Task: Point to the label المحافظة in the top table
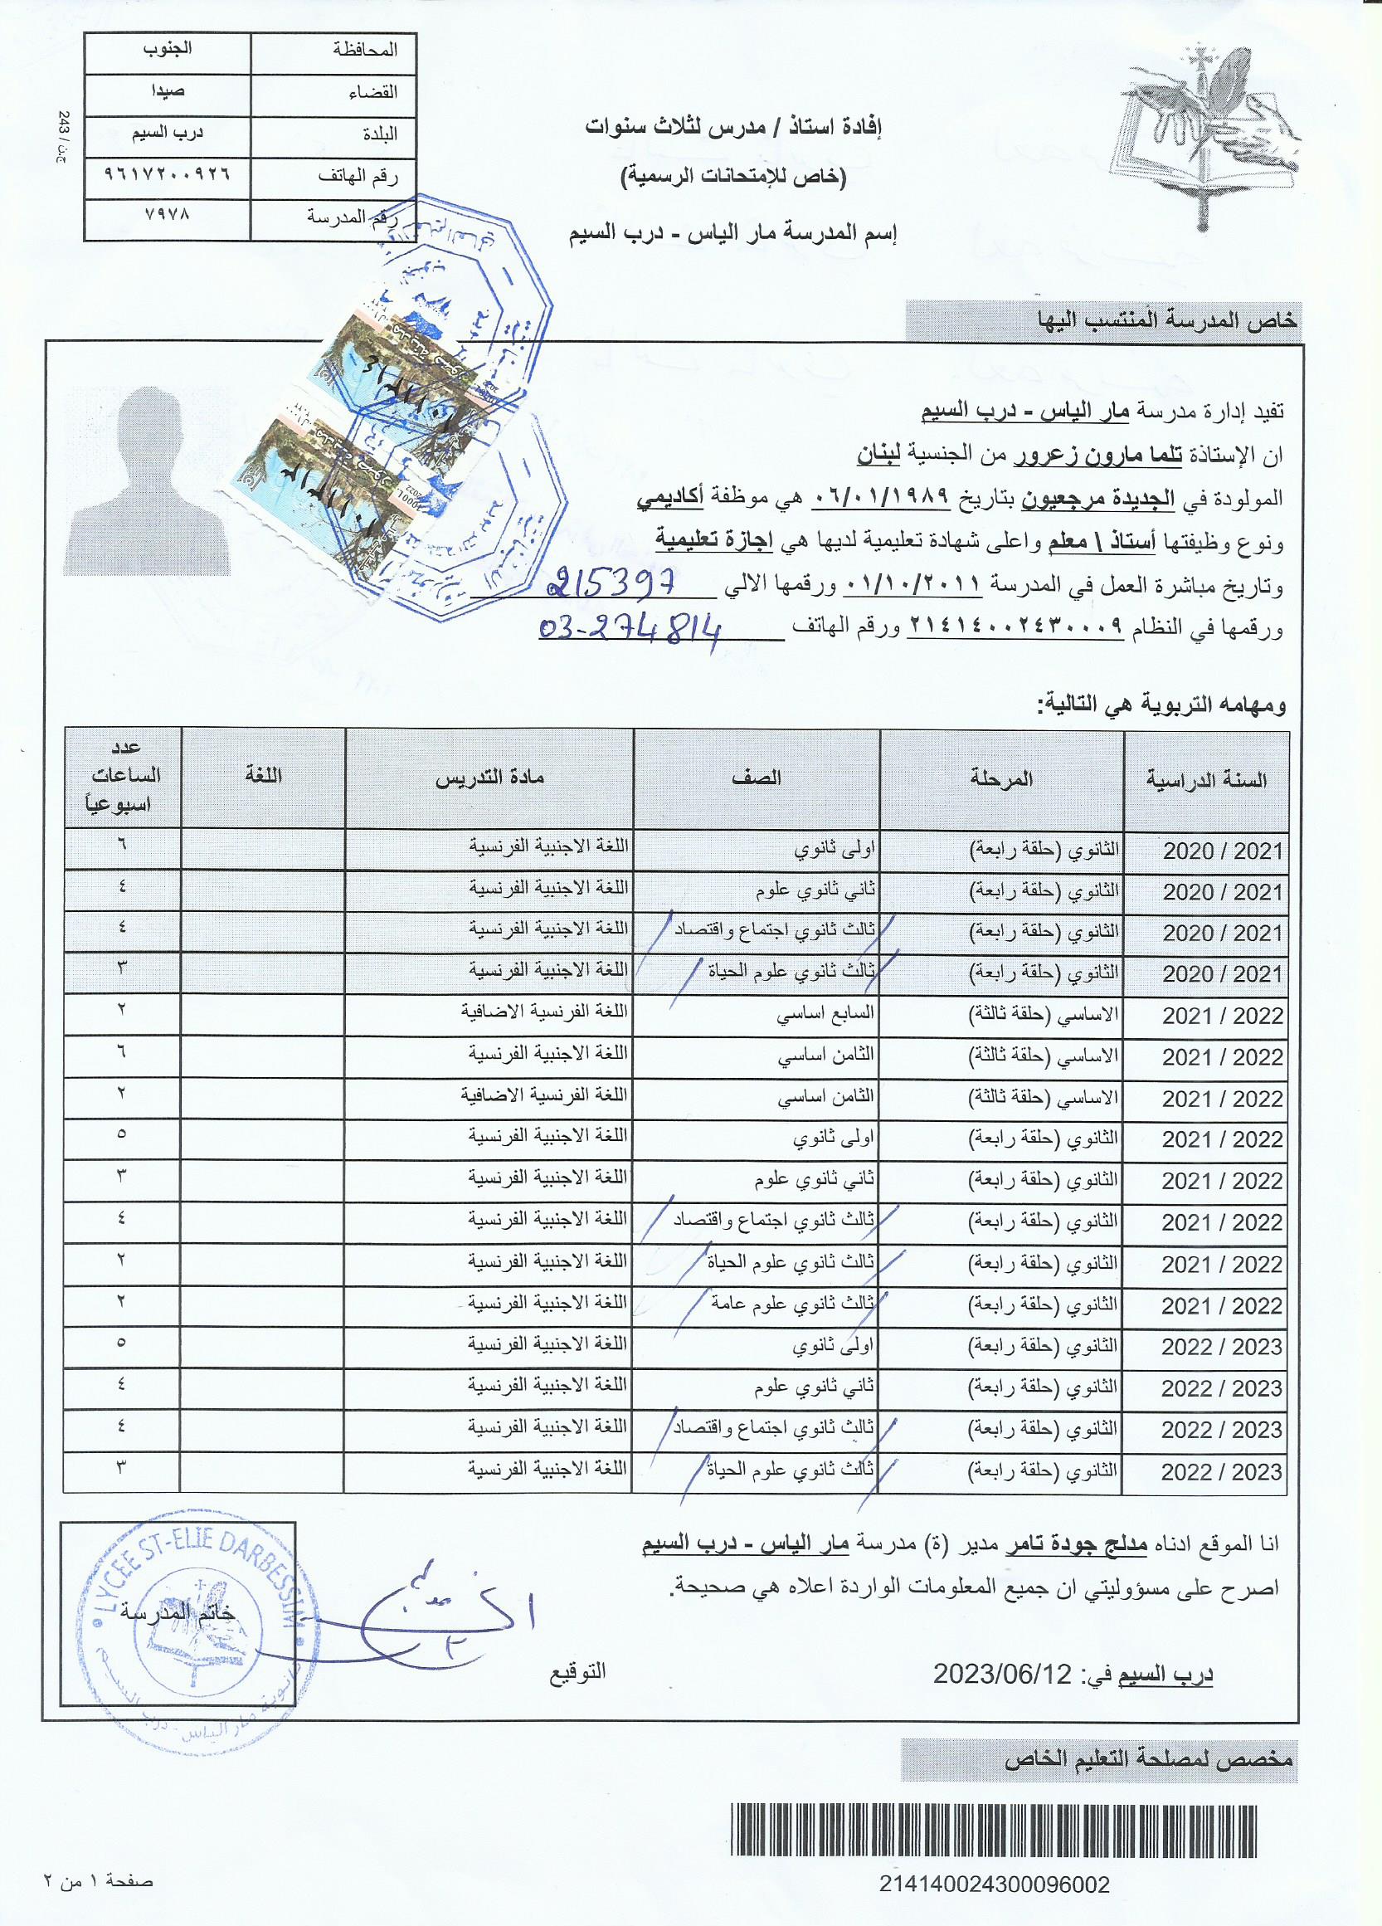pos(366,50)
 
